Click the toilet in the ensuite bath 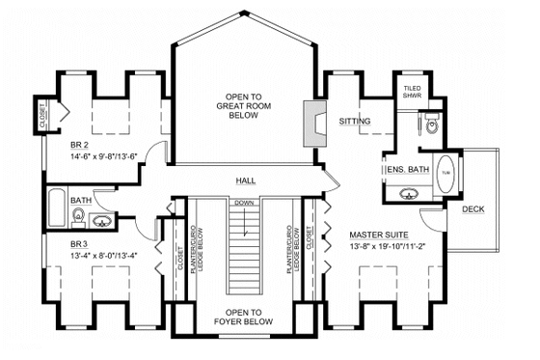click(x=431, y=124)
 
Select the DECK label click(x=473, y=208)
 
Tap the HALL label click(x=245, y=180)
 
